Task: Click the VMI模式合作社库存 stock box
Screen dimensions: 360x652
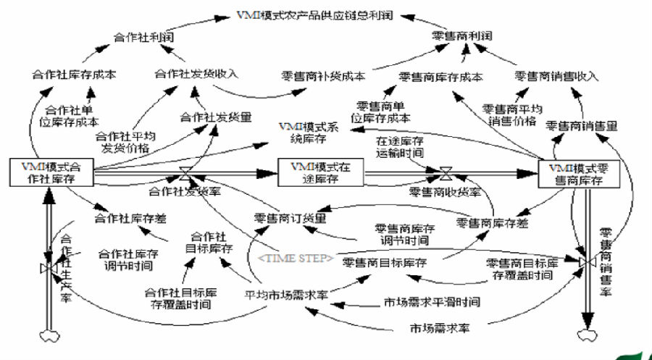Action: click(51, 172)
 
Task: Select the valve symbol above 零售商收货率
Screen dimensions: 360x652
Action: click(446, 173)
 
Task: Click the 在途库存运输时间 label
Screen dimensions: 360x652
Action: click(400, 146)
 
